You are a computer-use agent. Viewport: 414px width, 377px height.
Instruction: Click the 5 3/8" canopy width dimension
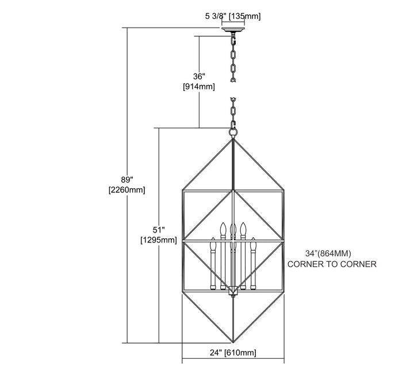pyautogui.click(x=216, y=16)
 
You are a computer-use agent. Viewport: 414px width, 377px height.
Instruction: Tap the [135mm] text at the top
pyautogui.click(x=244, y=16)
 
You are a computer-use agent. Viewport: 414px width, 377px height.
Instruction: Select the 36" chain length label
pyautogui.click(x=199, y=77)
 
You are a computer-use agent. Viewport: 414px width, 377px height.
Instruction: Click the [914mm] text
pyautogui.click(x=199, y=86)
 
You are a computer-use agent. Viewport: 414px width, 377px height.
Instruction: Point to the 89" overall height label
pyautogui.click(x=126, y=180)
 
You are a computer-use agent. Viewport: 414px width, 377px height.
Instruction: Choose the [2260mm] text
pyautogui.click(x=126, y=190)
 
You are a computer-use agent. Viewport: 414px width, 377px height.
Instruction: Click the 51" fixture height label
pyautogui.click(x=159, y=230)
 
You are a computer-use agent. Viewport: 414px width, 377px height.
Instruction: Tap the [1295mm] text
pyautogui.click(x=159, y=240)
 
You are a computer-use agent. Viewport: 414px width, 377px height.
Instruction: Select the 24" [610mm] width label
pyautogui.click(x=233, y=352)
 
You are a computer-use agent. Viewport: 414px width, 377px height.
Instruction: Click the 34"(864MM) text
pyautogui.click(x=328, y=253)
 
